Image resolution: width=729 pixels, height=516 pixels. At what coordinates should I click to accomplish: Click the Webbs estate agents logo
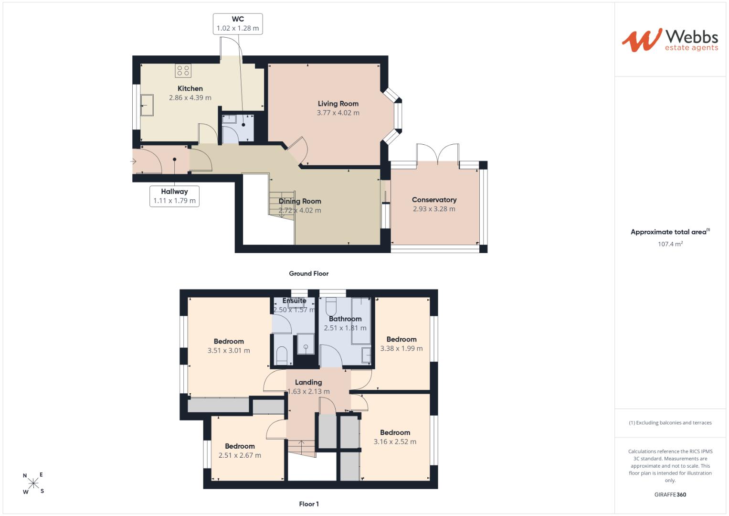pos(670,40)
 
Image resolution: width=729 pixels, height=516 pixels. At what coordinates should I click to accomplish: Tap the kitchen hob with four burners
pos(183,71)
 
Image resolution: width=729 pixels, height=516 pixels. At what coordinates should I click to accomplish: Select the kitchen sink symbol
pos(147,105)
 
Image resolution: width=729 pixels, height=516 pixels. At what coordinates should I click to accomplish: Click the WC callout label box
pos(238,24)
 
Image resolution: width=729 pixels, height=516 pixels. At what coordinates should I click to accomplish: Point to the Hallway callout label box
pos(174,196)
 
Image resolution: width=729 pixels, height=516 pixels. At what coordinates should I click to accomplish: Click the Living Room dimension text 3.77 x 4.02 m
pos(338,113)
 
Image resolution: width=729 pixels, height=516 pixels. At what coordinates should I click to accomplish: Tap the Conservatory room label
pos(434,200)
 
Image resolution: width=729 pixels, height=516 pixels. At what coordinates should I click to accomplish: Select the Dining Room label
pos(300,201)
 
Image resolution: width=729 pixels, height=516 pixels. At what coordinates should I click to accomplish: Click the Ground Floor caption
pos(308,274)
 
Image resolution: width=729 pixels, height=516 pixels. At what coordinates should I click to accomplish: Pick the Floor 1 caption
pos(309,504)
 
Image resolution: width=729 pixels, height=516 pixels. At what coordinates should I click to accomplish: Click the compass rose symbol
pos(33,483)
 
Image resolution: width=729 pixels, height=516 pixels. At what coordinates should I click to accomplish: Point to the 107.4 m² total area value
pos(670,244)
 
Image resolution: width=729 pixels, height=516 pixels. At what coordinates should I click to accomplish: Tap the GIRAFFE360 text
pos(670,494)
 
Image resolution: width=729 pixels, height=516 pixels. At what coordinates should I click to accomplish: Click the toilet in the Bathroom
pos(331,307)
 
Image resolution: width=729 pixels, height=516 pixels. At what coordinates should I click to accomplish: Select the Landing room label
pos(308,382)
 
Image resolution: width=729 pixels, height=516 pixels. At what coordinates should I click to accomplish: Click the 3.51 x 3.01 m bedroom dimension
pos(229,351)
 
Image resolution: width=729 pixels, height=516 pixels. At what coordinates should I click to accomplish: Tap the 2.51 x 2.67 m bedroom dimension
pos(240,455)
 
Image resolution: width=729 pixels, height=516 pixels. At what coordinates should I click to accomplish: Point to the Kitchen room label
pos(190,88)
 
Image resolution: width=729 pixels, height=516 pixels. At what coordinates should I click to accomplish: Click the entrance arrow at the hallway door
pos(133,161)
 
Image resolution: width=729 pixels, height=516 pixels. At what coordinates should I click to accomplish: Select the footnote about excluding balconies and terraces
pos(670,423)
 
